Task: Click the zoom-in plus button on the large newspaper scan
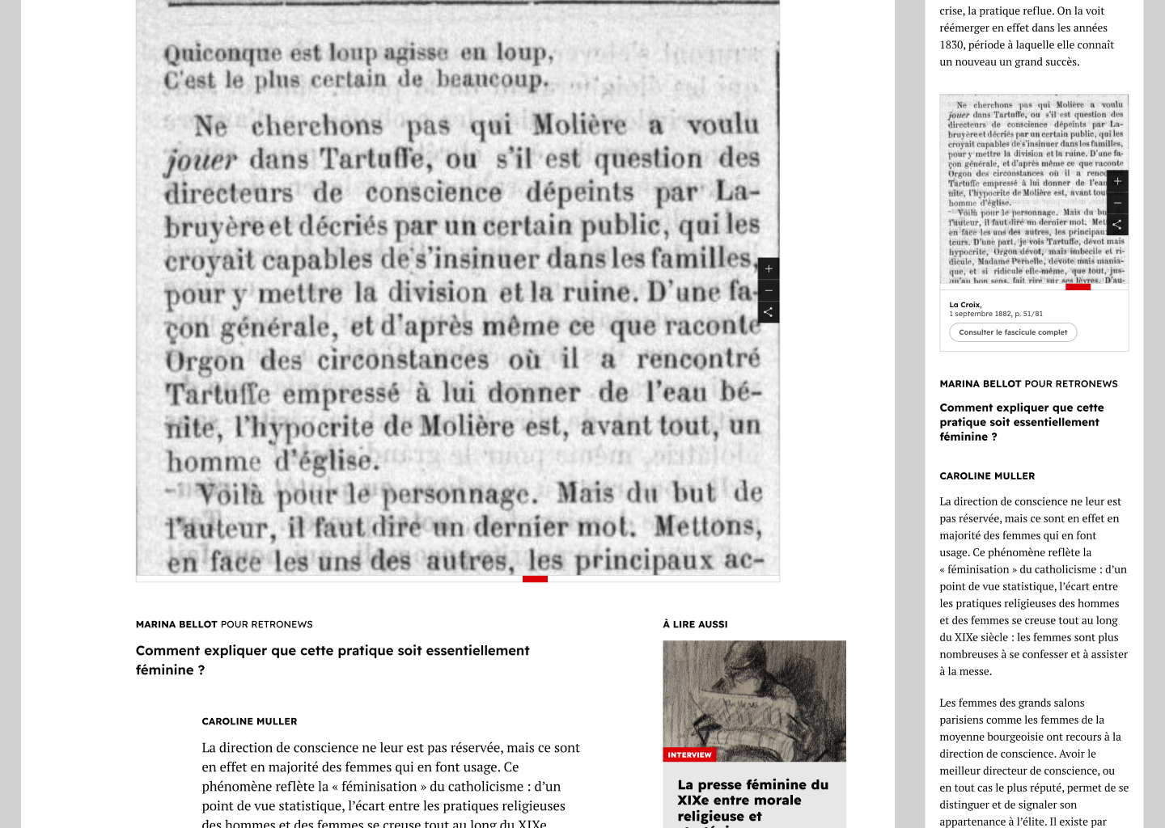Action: (769, 268)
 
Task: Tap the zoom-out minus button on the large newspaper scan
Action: (769, 290)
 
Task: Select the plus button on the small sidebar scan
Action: (1117, 181)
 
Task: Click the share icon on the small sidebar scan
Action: (1117, 224)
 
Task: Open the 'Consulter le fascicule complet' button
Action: (1013, 332)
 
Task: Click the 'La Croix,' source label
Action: (965, 305)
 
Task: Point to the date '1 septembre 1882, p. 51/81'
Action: (996, 314)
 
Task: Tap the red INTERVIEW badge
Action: (689, 754)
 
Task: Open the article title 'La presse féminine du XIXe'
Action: (752, 792)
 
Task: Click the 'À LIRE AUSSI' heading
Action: (695, 624)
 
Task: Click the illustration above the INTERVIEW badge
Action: (754, 695)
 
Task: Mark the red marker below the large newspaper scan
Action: (535, 579)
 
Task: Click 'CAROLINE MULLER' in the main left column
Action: (249, 721)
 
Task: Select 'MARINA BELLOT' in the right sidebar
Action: (982, 384)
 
